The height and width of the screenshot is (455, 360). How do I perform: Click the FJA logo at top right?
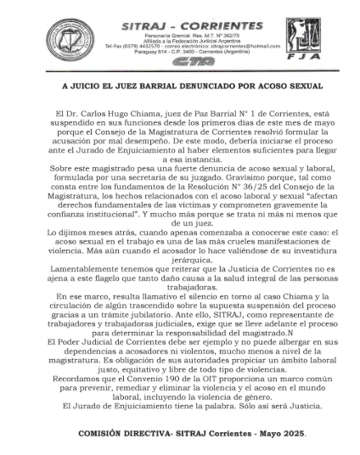pos(303,37)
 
